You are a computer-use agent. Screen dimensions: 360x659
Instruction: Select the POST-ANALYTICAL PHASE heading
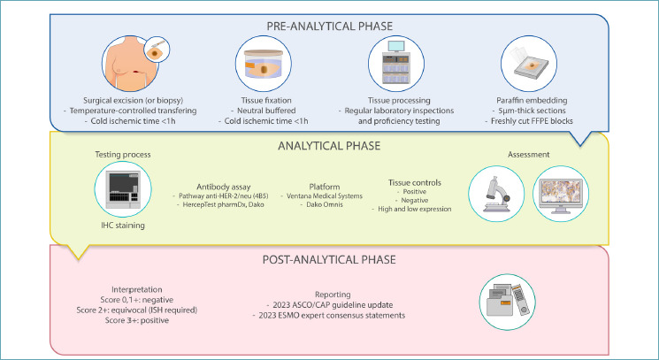pyautogui.click(x=329, y=259)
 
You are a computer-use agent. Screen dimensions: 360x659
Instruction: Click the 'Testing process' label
pyautogui.click(x=124, y=155)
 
